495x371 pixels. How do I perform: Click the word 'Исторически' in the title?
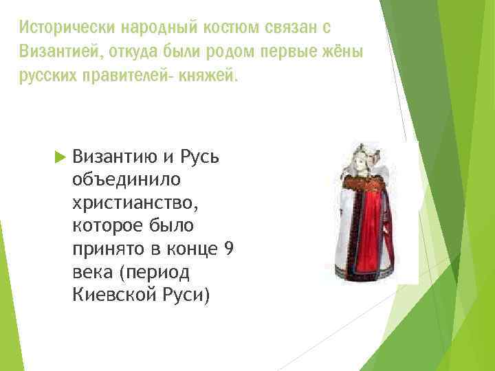pyautogui.click(x=68, y=27)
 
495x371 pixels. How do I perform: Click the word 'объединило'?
pyautogui.click(x=125, y=180)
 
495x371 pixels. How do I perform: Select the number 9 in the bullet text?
pyautogui.click(x=229, y=249)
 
